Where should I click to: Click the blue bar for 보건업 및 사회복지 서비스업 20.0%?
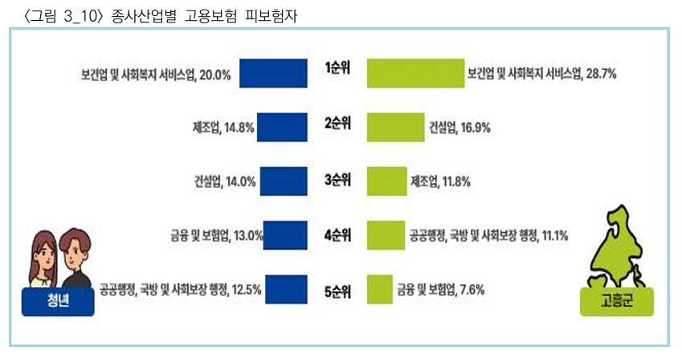coord(273,73)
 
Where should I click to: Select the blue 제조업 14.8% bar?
coord(282,127)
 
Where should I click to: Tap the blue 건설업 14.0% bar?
coord(284,181)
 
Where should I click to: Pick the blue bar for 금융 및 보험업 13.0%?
coord(285,235)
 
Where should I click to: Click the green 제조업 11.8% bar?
coord(386,181)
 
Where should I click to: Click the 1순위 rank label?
coord(337,67)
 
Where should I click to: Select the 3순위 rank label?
coord(337,179)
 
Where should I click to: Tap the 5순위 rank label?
coord(337,290)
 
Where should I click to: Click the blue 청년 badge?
coord(58,304)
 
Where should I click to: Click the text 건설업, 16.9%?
coord(459,127)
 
